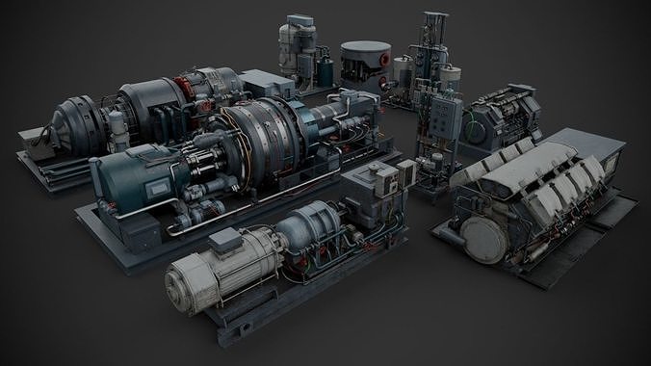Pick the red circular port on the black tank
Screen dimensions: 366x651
click(x=382, y=59)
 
